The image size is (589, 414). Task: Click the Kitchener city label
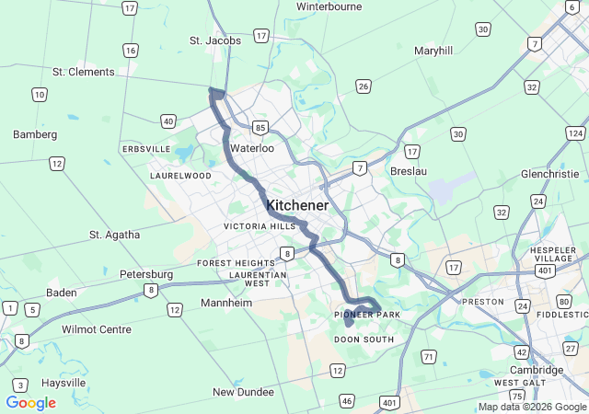pos(296,205)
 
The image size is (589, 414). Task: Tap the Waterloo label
pos(252,148)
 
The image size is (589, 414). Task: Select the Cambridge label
pos(537,370)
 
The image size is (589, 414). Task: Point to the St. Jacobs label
pos(215,40)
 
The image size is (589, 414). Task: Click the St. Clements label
pos(84,72)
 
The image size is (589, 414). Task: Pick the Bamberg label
pos(35,134)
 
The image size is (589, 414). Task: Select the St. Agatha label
pos(115,235)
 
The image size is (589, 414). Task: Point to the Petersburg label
pos(146,274)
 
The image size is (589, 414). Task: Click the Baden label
pos(61,293)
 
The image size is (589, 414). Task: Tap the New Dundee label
pos(243,392)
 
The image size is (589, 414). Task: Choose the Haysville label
pos(63,383)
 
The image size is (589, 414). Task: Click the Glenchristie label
pos(549,174)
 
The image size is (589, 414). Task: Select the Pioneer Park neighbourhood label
pos(367,315)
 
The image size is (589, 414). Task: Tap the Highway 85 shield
pos(261,127)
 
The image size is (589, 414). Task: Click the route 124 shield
pos(576,134)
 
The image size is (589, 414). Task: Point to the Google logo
pos(30,403)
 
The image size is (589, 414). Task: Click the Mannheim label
pos(226,303)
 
